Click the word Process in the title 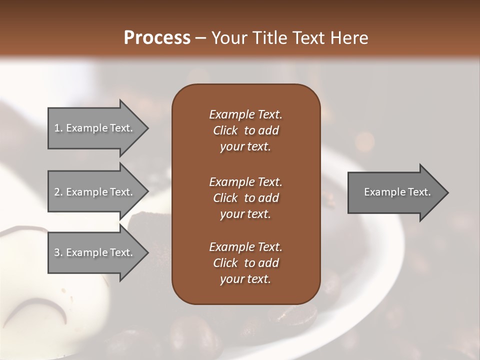(157, 38)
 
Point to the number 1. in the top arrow (58, 128)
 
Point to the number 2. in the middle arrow (58, 192)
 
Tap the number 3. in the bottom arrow (58, 252)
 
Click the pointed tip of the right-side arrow (446, 192)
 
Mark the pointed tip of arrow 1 (147, 128)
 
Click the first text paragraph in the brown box (245, 130)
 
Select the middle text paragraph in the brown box (245, 197)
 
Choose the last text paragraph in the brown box (245, 263)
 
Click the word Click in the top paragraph (225, 130)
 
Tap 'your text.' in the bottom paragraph (245, 279)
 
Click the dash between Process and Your (201, 38)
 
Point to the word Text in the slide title (308, 38)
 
